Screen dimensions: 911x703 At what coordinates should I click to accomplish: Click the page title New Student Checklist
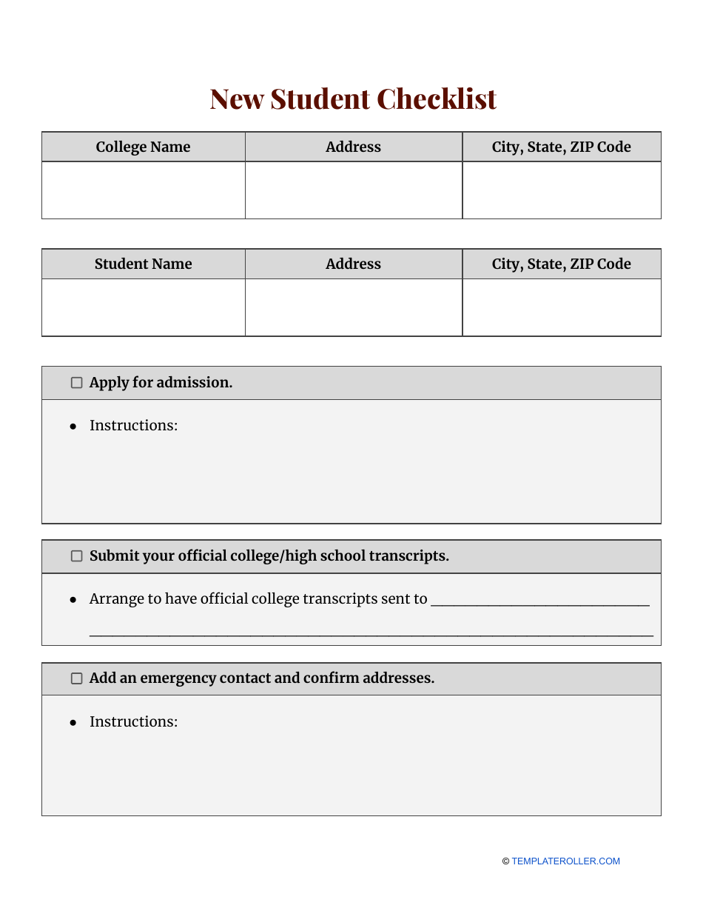click(352, 99)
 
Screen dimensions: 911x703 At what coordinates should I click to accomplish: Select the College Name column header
click(143, 147)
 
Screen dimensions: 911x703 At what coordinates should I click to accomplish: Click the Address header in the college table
click(353, 147)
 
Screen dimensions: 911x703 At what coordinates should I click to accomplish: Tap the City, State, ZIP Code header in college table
click(561, 147)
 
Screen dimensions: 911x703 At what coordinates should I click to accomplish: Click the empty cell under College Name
click(143, 190)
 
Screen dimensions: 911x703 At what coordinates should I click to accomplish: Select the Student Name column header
click(143, 264)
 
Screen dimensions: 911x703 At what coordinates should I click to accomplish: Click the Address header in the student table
click(353, 264)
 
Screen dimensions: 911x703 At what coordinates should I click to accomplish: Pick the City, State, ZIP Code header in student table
click(561, 264)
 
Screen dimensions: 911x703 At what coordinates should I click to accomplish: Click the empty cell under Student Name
click(143, 307)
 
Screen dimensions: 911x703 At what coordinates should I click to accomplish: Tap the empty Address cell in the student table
click(353, 307)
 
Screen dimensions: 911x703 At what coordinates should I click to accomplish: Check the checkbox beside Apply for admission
click(76, 383)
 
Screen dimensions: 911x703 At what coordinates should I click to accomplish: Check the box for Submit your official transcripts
click(76, 556)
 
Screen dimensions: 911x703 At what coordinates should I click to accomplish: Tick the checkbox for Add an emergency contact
click(76, 678)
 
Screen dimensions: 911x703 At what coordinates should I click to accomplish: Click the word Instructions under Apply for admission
click(133, 425)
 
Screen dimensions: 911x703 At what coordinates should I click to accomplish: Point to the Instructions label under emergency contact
click(133, 721)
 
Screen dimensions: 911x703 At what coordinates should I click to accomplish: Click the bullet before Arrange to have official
click(73, 599)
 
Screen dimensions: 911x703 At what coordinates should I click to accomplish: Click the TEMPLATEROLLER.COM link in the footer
click(565, 861)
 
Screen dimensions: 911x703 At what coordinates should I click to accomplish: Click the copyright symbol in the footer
click(505, 861)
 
